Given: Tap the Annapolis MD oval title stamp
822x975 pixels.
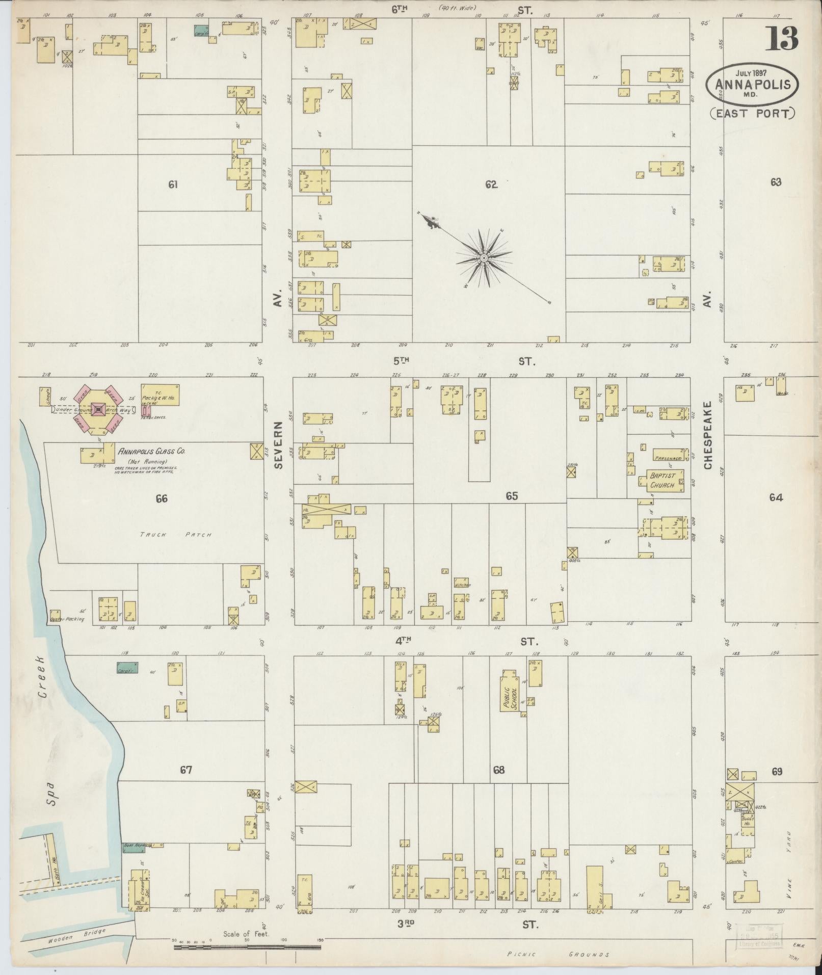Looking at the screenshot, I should [x=752, y=84].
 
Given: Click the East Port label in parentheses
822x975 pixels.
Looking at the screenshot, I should [x=752, y=113].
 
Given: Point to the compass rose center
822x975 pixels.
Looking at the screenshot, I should [x=483, y=259].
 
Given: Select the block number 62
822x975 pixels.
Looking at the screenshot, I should [x=491, y=185].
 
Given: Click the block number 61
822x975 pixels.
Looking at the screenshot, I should [x=173, y=185].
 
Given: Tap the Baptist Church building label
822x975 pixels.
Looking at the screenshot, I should [x=662, y=480].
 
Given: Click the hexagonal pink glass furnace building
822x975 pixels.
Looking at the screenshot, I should [x=98, y=409].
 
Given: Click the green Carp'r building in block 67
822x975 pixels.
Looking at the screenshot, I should [x=127, y=668].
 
